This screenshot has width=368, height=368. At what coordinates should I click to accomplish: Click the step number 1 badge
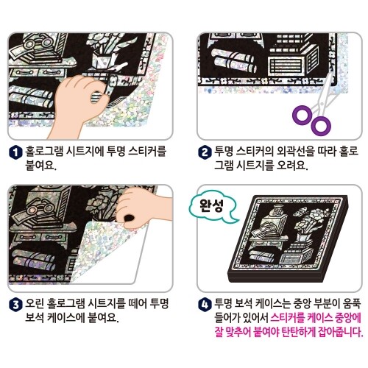point(15,152)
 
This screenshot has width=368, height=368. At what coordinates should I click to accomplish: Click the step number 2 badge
point(205,152)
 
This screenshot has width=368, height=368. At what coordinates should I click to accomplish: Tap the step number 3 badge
point(15,305)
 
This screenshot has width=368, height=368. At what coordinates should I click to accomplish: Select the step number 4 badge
point(205,305)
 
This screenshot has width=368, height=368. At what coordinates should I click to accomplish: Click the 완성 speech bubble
point(211,207)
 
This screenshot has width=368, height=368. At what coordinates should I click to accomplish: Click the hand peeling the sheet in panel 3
point(142,208)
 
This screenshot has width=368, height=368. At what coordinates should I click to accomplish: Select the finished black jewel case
point(289,239)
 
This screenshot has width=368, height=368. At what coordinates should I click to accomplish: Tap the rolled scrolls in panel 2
point(233,61)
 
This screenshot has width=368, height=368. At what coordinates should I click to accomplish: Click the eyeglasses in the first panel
point(38,42)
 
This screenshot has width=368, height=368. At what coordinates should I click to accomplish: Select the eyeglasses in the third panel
point(39,209)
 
